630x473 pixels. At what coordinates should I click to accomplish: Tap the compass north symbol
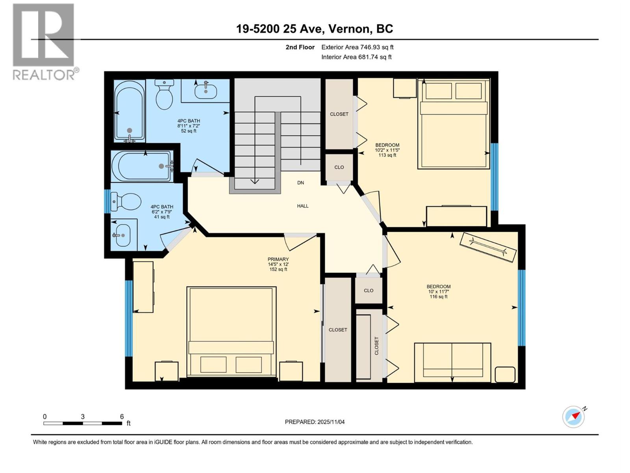click(574, 417)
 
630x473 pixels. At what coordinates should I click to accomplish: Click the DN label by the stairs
click(300, 183)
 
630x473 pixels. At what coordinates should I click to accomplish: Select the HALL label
click(302, 206)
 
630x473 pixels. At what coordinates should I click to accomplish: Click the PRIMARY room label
click(278, 259)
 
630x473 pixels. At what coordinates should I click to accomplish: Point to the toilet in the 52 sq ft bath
click(164, 94)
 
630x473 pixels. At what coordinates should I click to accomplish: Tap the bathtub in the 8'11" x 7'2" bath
click(129, 111)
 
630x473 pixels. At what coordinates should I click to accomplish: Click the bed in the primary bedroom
click(231, 332)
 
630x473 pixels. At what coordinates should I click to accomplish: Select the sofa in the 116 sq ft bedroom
click(452, 362)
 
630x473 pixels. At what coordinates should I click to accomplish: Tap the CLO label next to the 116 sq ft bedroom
click(369, 291)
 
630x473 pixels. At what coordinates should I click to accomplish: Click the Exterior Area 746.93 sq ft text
click(357, 47)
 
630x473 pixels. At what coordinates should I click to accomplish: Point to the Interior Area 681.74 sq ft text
click(356, 57)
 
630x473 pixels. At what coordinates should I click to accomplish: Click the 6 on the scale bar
click(122, 417)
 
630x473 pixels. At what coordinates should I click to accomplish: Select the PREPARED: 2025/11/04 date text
click(315, 422)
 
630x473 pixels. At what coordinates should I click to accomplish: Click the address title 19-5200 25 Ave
click(314, 29)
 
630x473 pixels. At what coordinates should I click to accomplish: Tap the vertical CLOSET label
click(376, 346)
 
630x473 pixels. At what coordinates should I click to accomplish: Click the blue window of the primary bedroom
click(129, 318)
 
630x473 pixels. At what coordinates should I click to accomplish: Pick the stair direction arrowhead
click(255, 181)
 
